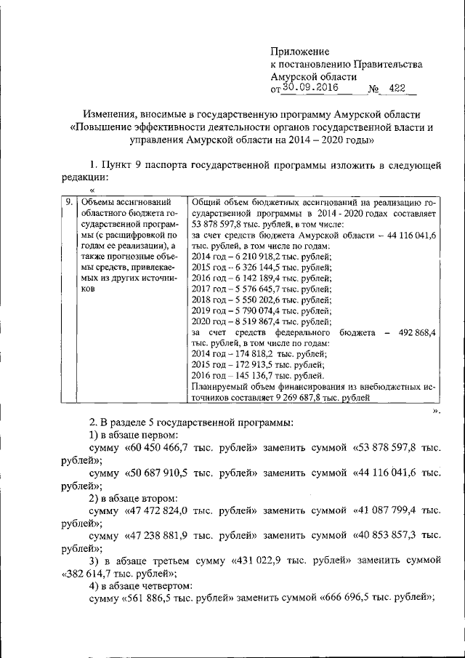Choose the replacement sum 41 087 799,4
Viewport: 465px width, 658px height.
pyautogui.click(x=387, y=510)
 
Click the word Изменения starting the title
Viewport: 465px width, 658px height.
pyautogui.click(x=111, y=115)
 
